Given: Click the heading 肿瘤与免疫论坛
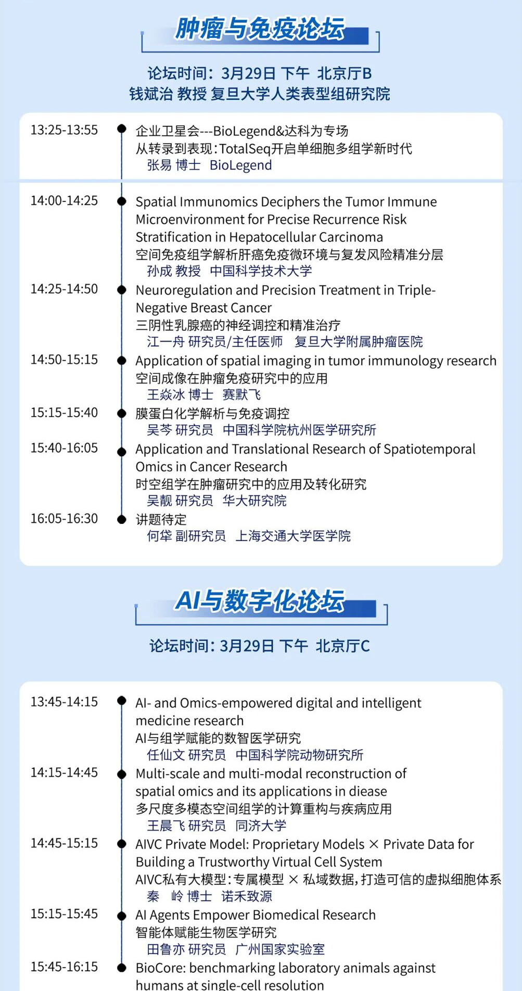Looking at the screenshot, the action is point(259,29).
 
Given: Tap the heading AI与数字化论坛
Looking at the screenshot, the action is point(260,601).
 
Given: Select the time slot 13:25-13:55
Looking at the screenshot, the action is point(64,130).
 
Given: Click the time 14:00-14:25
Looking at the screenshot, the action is point(64,200).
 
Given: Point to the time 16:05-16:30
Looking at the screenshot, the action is point(64,518).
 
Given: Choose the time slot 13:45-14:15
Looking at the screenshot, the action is point(64,701).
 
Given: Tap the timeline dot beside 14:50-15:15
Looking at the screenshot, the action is point(122,360).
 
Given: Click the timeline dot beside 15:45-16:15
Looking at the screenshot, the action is point(122,968).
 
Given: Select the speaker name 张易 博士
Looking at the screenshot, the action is point(174,165).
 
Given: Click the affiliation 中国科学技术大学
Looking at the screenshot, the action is point(261,271).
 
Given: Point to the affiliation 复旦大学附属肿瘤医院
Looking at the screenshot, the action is point(359,341).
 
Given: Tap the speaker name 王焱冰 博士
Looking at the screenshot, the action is point(180,394).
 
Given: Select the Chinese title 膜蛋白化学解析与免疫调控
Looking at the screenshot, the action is point(212,414).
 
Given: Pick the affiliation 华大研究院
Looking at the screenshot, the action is point(254,500).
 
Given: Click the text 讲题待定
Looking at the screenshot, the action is point(161,519).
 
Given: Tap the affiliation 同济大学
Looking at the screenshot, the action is point(261,825).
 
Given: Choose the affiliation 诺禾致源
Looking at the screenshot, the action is point(247,896).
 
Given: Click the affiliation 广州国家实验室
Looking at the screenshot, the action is point(280,949).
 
